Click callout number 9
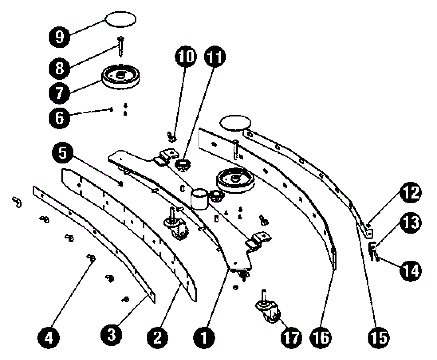coord(59,36)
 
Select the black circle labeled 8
coord(59,68)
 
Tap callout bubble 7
coord(59,93)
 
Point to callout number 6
coord(59,118)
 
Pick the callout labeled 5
coord(63,152)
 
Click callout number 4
coord(48,338)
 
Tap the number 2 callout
coord(158,338)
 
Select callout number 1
coord(204,338)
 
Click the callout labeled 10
coord(186,56)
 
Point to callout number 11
coord(215,56)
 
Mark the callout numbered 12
coord(411,193)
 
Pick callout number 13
coord(411,223)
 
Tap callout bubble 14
coord(411,270)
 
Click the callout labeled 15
coord(379,338)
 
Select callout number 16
coord(321,338)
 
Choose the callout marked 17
coord(291,338)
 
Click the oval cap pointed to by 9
coord(120,19)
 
